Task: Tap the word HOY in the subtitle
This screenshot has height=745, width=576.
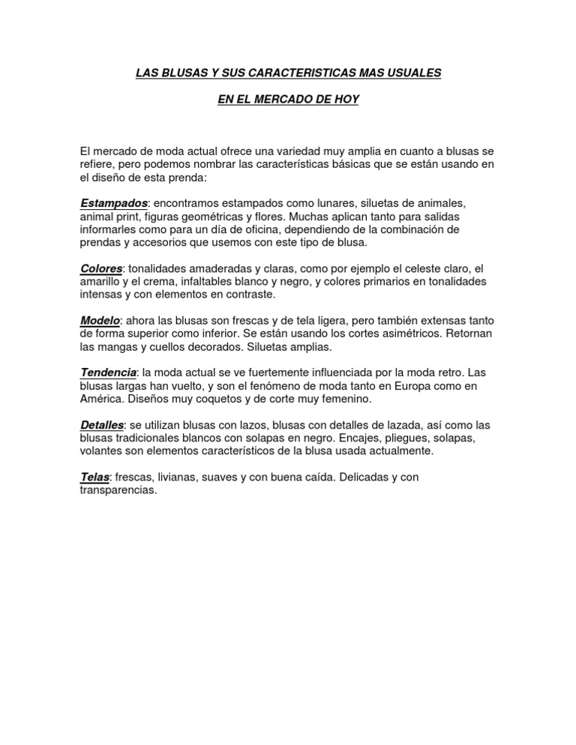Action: pos(347,100)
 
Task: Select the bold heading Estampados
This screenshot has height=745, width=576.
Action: pos(114,204)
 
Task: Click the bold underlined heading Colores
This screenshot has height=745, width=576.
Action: pos(101,268)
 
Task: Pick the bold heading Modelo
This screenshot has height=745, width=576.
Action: pos(100,321)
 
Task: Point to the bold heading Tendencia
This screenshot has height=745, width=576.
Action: pos(109,372)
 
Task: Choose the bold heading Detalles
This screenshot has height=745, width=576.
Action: pos(101,425)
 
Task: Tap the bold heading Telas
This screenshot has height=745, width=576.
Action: pos(94,477)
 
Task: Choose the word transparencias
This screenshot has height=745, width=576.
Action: pos(118,490)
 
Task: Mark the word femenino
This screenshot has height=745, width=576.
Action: pos(301,399)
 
